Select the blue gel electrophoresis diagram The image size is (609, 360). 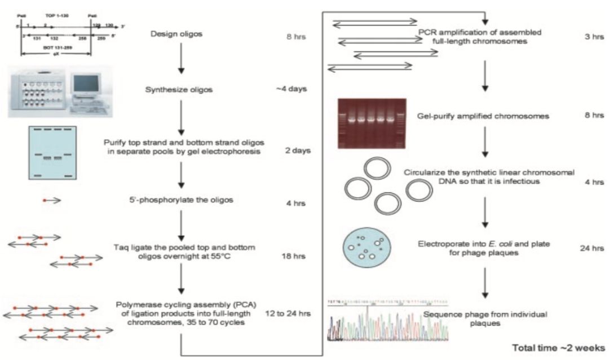click(52, 153)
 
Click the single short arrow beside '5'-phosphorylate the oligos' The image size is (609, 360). click(52, 200)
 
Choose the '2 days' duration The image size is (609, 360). click(299, 151)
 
